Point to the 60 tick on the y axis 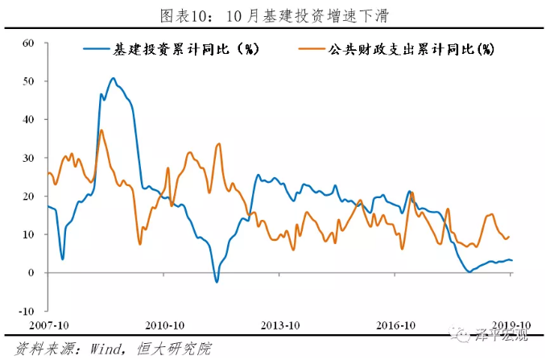tap(28, 43)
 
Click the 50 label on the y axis tap(28, 81)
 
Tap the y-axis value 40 tap(28, 119)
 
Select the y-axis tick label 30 tap(28, 158)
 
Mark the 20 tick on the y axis tap(28, 197)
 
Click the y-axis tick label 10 tap(28, 234)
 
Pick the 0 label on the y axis tap(31, 273)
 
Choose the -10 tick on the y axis tap(26, 311)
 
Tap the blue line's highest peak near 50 tap(113, 78)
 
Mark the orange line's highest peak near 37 tap(101, 130)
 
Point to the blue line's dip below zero tap(216, 281)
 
